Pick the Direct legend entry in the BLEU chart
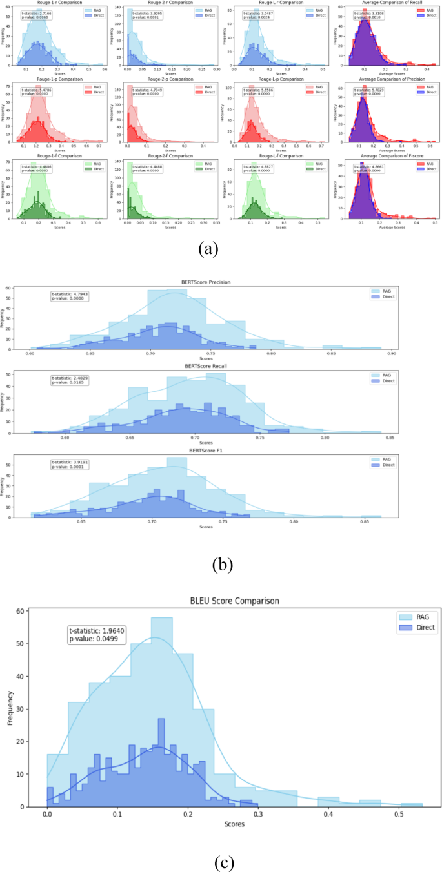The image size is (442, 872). pyautogui.click(x=403, y=626)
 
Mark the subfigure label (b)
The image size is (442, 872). pyautogui.click(x=222, y=565)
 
